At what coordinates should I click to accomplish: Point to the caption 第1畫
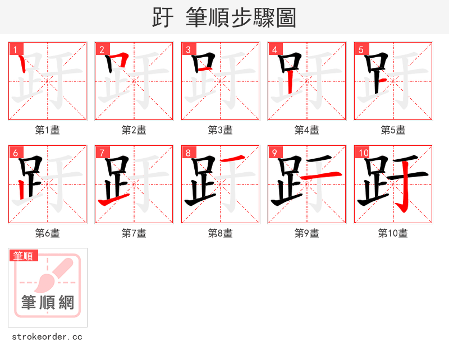(48, 130)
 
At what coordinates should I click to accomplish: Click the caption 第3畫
(221, 130)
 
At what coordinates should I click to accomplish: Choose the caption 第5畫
(393, 130)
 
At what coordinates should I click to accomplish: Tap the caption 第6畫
(48, 233)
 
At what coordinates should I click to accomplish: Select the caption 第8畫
(221, 233)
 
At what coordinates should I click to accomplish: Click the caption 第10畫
(393, 233)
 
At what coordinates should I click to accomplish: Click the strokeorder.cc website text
(47, 337)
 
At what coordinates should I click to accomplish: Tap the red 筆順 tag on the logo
(24, 256)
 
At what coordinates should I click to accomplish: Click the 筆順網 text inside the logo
(48, 303)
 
